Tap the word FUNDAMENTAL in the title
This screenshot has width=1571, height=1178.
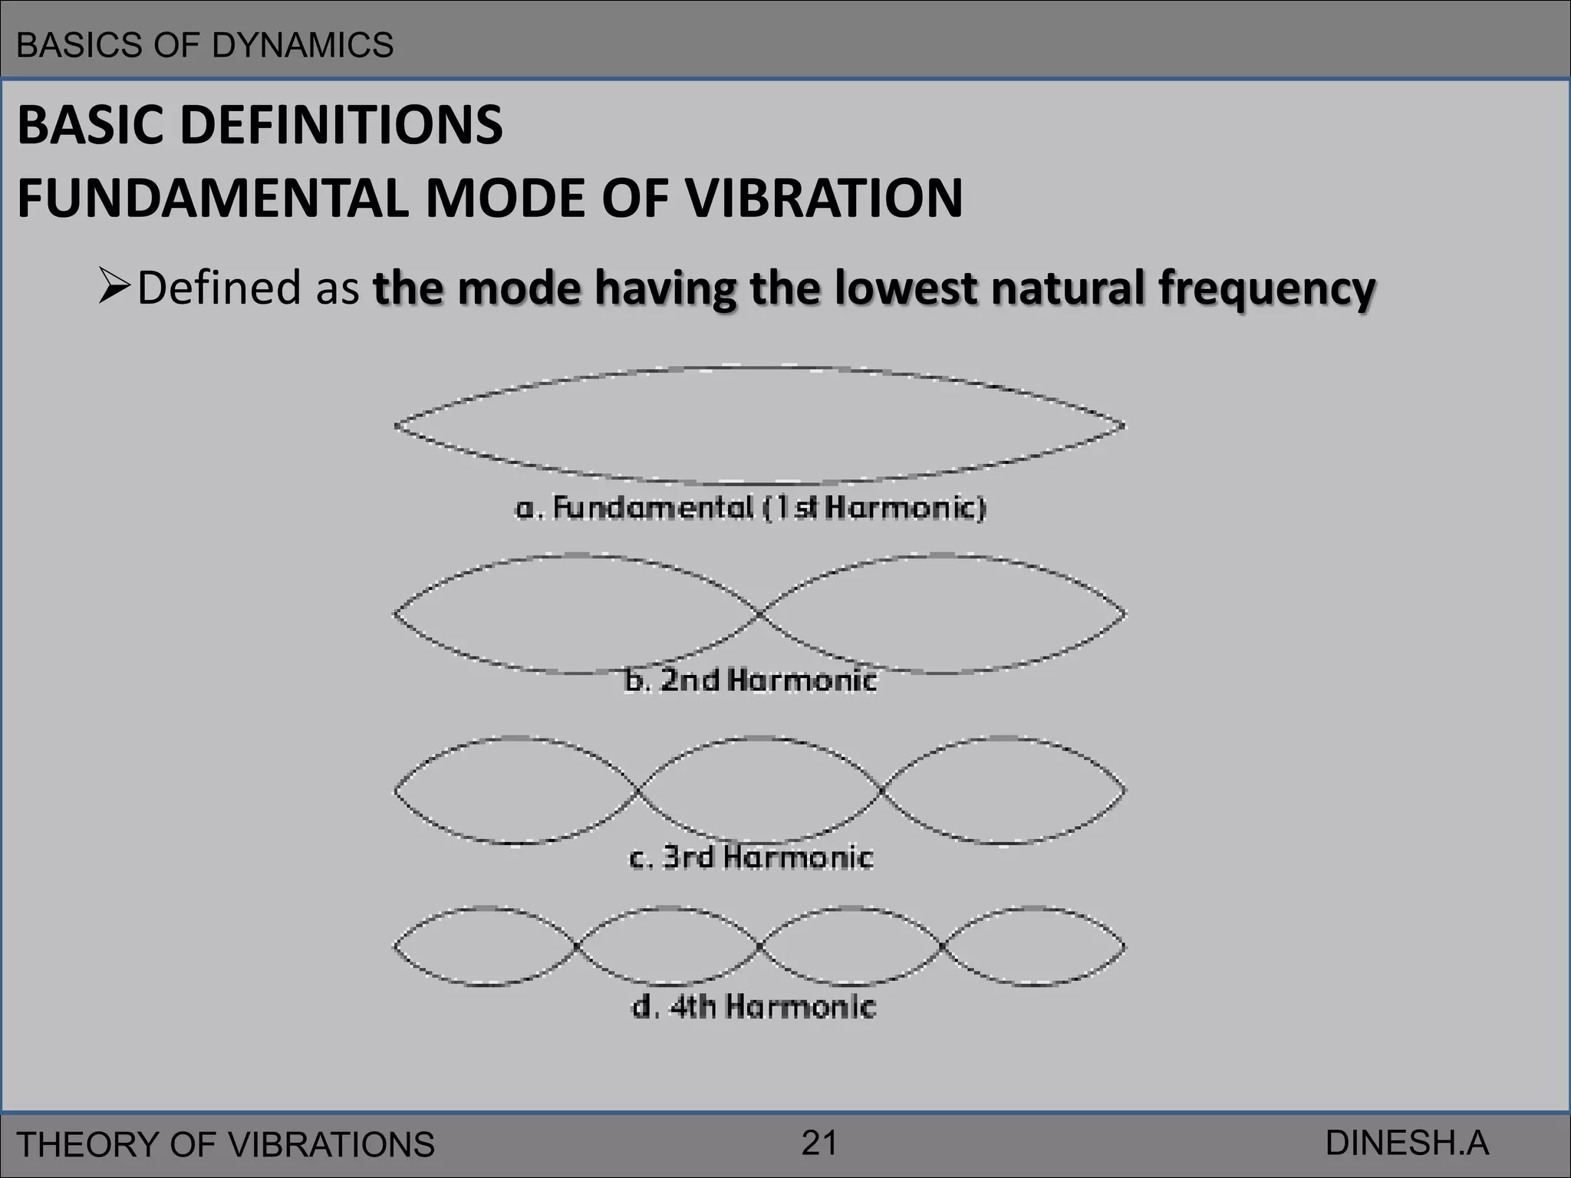click(211, 198)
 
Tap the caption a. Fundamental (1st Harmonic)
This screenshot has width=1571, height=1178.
click(750, 508)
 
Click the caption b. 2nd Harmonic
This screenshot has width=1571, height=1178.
click(750, 680)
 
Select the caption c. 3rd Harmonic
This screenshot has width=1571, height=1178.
click(750, 857)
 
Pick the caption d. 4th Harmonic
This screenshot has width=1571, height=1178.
click(752, 1006)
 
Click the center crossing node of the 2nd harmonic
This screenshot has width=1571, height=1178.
click(760, 614)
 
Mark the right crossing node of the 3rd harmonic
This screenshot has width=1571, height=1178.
click(881, 791)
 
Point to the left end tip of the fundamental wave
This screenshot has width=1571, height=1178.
click(397, 426)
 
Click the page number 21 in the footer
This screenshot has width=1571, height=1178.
click(818, 1143)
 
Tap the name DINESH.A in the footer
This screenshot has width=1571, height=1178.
click(1406, 1143)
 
